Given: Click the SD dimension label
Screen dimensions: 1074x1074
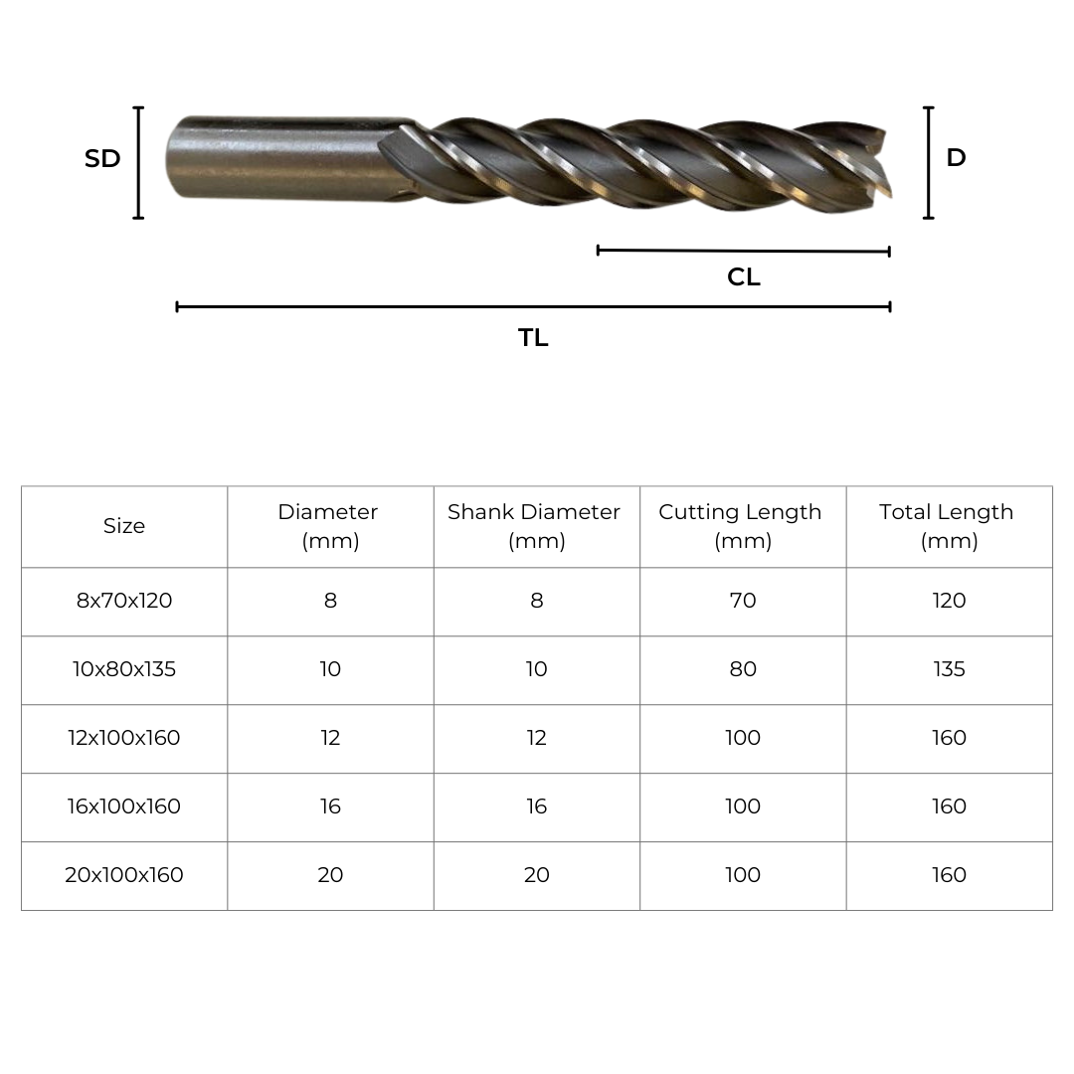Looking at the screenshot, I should point(102,159).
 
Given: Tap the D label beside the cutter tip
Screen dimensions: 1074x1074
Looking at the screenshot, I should point(956,158).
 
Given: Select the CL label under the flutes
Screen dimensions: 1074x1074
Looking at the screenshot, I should point(743,277).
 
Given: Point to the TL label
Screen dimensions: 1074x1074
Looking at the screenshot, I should point(533,338).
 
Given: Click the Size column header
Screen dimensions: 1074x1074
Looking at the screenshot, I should point(124,526).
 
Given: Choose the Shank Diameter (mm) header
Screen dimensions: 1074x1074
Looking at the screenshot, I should point(536,526).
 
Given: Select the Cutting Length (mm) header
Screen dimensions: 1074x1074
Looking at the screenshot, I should point(742,526).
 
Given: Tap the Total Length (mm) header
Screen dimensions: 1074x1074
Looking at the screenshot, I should point(948,526).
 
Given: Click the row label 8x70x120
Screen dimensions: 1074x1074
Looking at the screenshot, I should point(124,601).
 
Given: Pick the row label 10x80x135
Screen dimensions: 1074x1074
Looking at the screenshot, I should point(124,669).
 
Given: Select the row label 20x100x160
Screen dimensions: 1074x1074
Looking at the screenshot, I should point(124,875).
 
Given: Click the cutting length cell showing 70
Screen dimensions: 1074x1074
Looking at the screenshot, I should point(743,601).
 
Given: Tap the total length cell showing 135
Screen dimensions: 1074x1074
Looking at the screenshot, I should point(949,669).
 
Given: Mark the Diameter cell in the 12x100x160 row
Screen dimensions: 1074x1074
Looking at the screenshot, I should point(330,738).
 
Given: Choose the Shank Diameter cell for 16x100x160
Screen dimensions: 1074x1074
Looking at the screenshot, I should point(536,806).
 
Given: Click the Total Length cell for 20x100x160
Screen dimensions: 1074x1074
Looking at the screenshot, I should point(949,875).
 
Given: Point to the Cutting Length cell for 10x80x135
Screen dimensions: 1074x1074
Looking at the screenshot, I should point(743,669).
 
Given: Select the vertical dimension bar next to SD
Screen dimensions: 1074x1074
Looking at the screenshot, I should point(138,162).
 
